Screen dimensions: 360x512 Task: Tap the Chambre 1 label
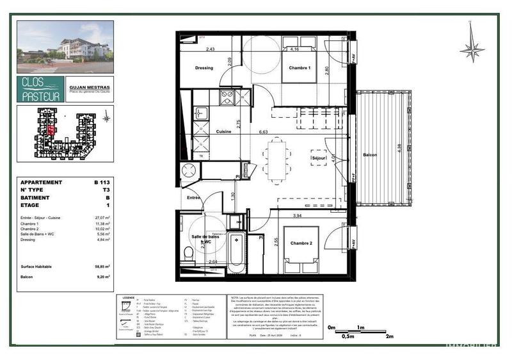(x=300, y=68)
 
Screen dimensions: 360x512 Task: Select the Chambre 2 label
(x=301, y=243)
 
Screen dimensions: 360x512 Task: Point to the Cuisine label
(x=223, y=131)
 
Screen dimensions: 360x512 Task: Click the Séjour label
(x=319, y=158)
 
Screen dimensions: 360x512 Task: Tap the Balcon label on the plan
(x=370, y=155)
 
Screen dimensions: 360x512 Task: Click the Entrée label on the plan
(x=193, y=198)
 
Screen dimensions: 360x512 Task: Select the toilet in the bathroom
(x=189, y=255)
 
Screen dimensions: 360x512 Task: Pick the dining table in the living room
(x=277, y=160)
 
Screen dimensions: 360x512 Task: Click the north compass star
(x=472, y=48)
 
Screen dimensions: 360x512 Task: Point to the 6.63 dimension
(x=263, y=132)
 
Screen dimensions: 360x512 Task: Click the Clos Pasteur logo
(x=40, y=90)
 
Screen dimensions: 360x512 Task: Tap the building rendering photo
(x=65, y=47)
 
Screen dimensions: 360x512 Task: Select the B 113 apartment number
(x=101, y=183)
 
